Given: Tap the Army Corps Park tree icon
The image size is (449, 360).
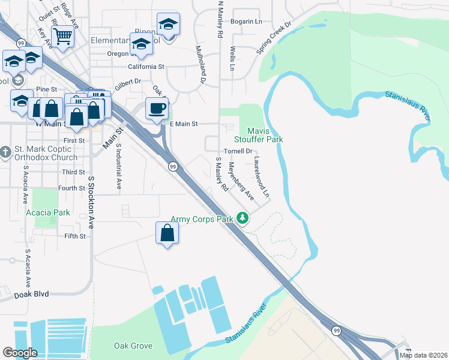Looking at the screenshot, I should (x=243, y=218).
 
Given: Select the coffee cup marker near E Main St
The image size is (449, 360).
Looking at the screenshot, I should (x=157, y=109).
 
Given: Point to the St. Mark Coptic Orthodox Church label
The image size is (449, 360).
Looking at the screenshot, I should (x=47, y=154).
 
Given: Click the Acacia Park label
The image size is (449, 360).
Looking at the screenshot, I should (x=48, y=212).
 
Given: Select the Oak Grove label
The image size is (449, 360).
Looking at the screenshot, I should (x=133, y=346).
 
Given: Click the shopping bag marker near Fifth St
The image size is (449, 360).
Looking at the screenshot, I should (x=167, y=233).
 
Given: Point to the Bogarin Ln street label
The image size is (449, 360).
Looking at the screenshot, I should (x=247, y=21).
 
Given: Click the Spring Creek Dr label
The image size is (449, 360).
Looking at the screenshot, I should (x=274, y=38).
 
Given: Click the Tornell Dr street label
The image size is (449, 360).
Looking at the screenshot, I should (x=238, y=151).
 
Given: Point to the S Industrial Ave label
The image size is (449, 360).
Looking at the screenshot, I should (x=119, y=167).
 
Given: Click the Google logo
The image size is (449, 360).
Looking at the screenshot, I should (x=20, y=353).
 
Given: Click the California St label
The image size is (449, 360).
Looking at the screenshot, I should (x=145, y=67).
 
